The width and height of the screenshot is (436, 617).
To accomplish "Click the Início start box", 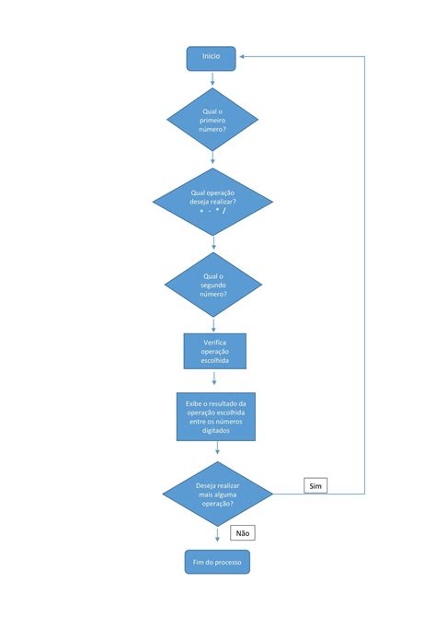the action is [212, 59].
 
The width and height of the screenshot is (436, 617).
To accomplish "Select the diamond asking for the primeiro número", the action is [212, 119].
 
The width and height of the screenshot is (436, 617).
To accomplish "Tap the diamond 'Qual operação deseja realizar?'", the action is [212, 202].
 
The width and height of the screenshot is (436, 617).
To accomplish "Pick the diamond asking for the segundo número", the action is [213, 285].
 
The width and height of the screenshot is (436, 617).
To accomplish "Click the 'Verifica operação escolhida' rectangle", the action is [215, 351].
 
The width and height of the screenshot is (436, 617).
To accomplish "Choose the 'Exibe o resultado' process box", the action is [216, 416].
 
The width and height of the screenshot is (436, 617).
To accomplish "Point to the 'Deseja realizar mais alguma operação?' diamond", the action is [217, 494].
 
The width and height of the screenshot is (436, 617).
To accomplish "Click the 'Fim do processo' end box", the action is [217, 562].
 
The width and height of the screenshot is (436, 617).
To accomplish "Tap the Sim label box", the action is [316, 485].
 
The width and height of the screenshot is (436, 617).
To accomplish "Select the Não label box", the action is [243, 533].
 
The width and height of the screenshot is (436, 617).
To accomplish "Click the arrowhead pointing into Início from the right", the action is [242, 57].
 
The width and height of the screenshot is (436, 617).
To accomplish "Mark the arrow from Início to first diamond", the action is [212, 78].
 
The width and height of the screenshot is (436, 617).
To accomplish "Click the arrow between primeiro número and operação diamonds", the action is [212, 157].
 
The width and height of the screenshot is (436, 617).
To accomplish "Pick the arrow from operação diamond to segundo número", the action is [213, 243].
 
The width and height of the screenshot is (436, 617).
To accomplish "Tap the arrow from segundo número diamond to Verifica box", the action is [213, 325].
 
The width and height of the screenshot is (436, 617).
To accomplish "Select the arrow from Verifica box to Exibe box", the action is [214, 378].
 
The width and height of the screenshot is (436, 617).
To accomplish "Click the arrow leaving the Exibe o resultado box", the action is [217, 448].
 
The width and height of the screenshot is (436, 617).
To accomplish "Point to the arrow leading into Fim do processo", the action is [217, 535].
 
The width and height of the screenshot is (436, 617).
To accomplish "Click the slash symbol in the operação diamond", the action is [224, 211].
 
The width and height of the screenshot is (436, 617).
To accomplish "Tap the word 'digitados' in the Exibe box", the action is [216, 430].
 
